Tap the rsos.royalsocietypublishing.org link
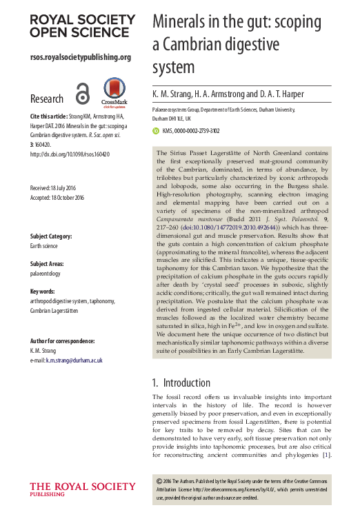pos(81,57)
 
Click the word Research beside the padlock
pos(47,99)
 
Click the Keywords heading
pos(43,292)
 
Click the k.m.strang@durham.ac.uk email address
pos(74,360)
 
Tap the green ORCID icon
pos(155,130)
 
